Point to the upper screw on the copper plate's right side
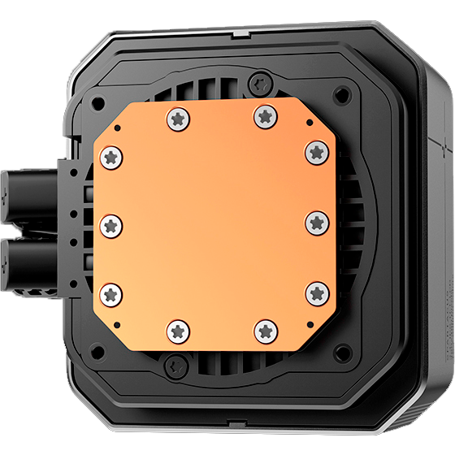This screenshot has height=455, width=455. tap(316, 152)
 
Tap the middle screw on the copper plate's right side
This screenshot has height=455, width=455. tap(316, 222)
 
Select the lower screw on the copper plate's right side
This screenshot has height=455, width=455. tap(316, 292)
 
